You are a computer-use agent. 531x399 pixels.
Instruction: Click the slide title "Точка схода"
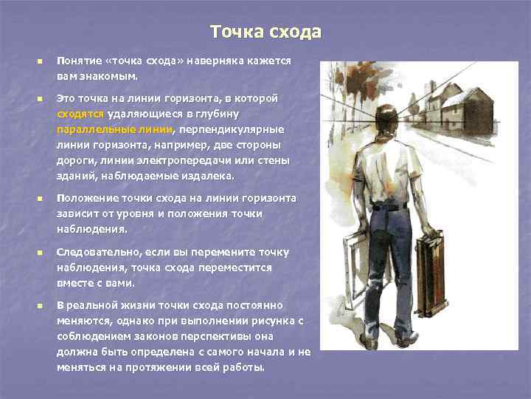point(265,33)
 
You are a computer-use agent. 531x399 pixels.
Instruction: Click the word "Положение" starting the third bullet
point(87,198)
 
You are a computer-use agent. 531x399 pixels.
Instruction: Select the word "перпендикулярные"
point(237,129)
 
